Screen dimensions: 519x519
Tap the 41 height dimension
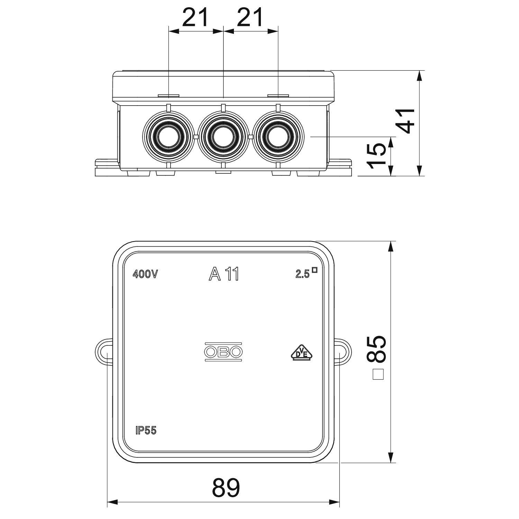405,121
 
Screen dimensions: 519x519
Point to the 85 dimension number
376,349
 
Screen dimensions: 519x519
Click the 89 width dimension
226,488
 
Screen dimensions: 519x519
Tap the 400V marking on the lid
145,274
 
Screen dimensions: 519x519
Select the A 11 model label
224,274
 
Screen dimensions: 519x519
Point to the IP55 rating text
146,430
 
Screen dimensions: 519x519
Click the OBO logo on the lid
223,352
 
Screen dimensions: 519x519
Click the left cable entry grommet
168,137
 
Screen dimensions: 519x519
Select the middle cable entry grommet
223,137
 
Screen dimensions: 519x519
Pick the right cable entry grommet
278,137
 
